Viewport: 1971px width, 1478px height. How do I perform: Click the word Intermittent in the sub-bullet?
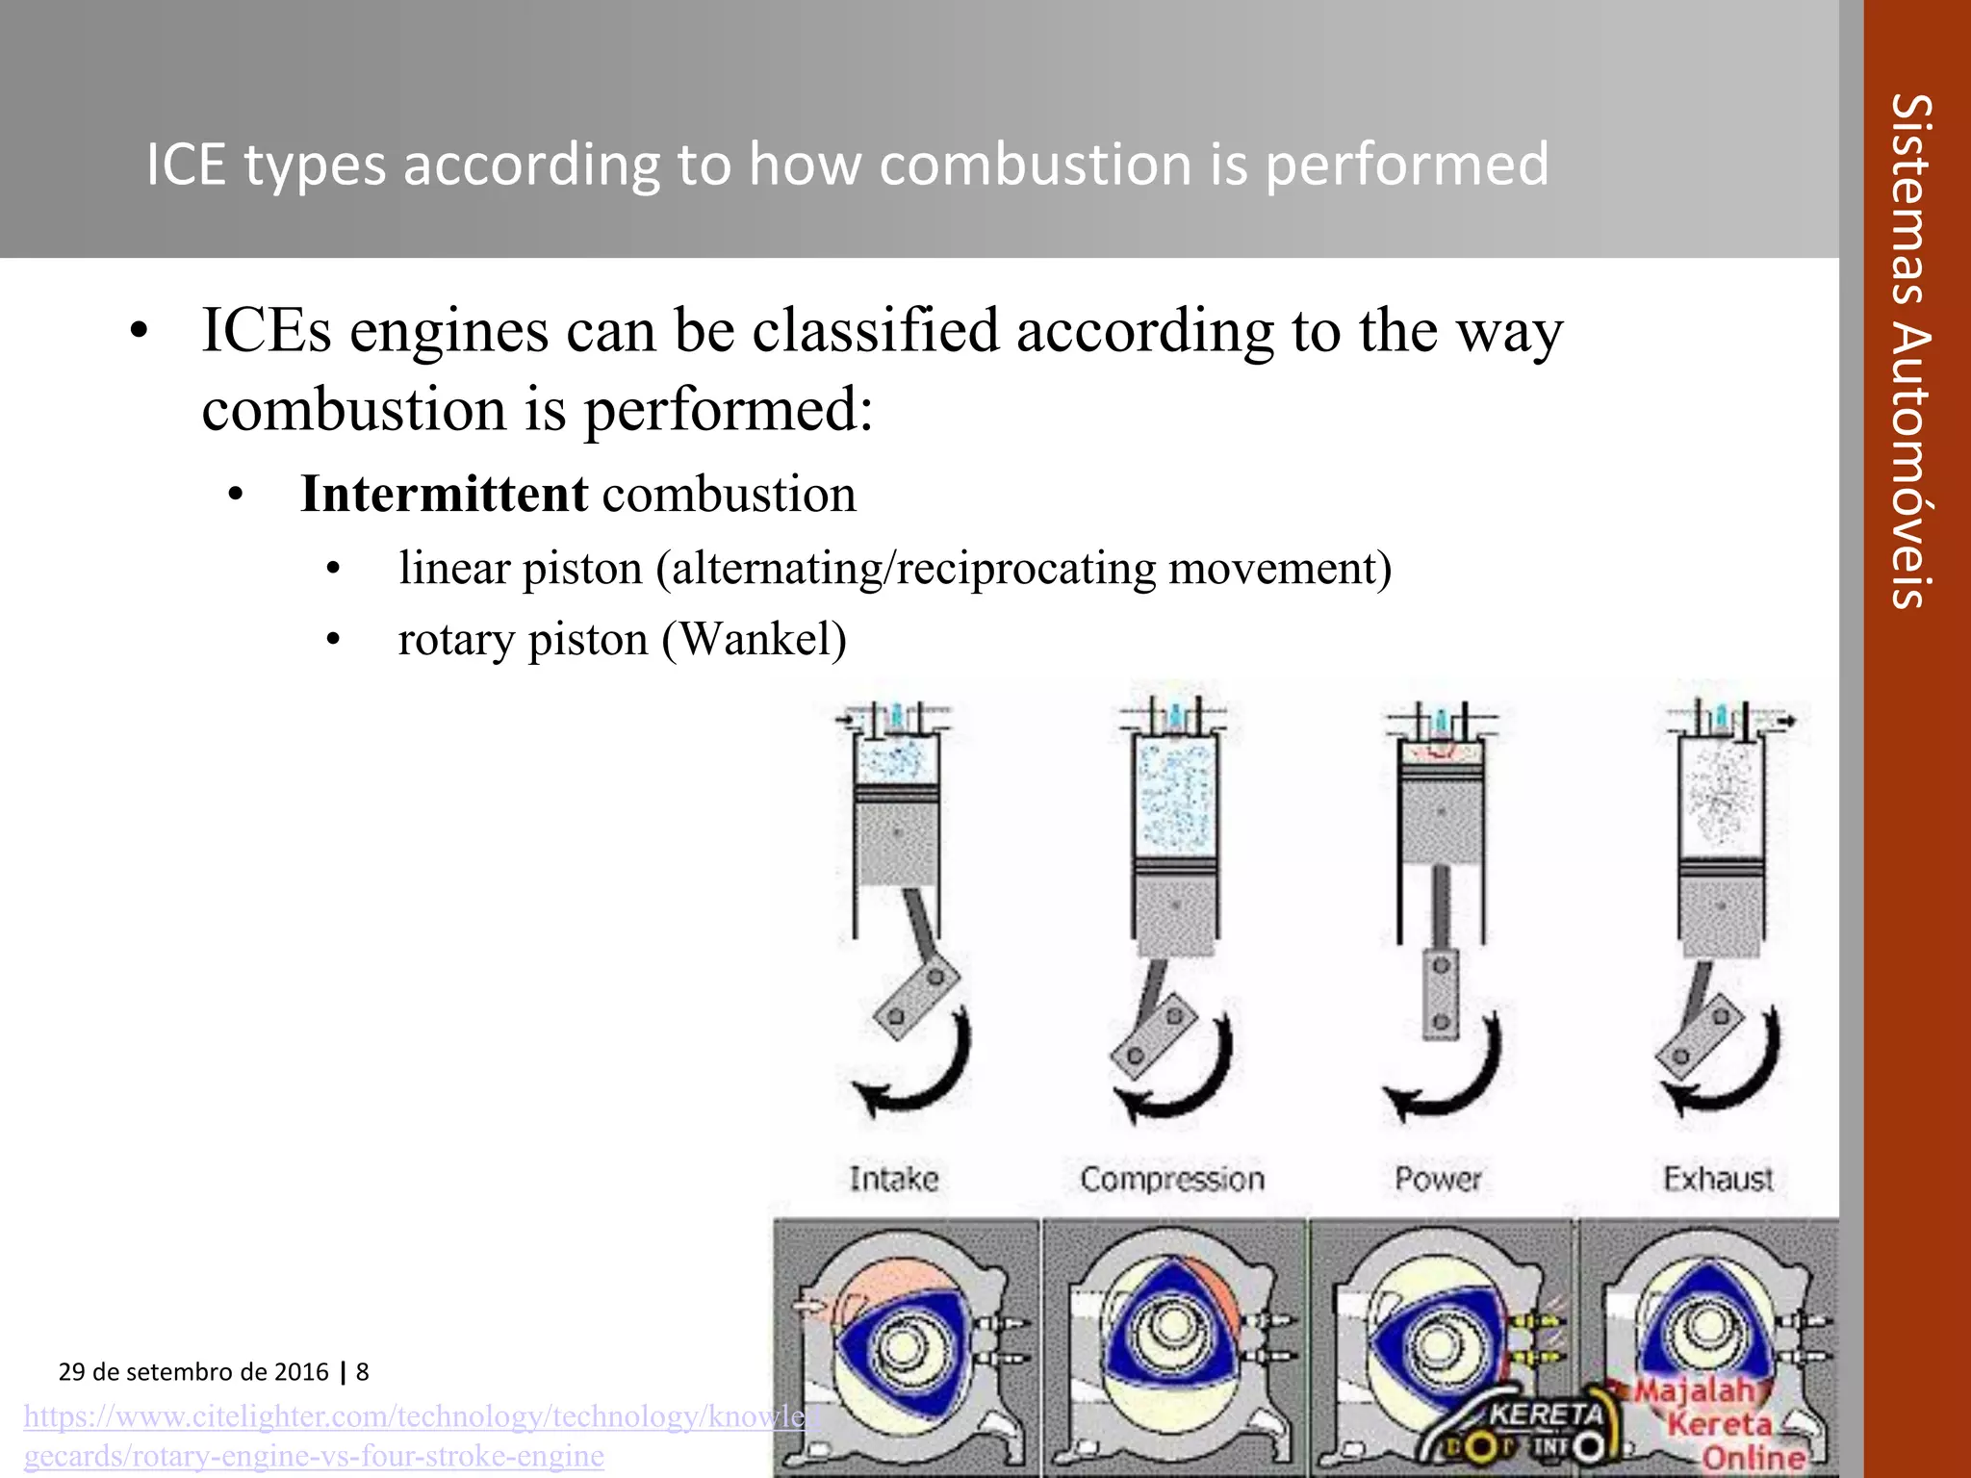tap(443, 495)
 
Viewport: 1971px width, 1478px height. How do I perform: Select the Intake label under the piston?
tap(893, 1179)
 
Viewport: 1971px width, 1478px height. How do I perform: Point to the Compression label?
tap(1171, 1179)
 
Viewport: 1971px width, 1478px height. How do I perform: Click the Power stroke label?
tap(1438, 1179)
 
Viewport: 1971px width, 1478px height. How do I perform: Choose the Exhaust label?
tap(1718, 1179)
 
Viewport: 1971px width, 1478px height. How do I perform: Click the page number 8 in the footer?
tap(363, 1372)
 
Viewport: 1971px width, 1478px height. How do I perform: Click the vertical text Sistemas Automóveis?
tap(1910, 351)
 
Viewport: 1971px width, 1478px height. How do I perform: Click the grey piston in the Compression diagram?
tap(1175, 909)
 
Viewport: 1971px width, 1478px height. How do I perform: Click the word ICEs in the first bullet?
tap(267, 331)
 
